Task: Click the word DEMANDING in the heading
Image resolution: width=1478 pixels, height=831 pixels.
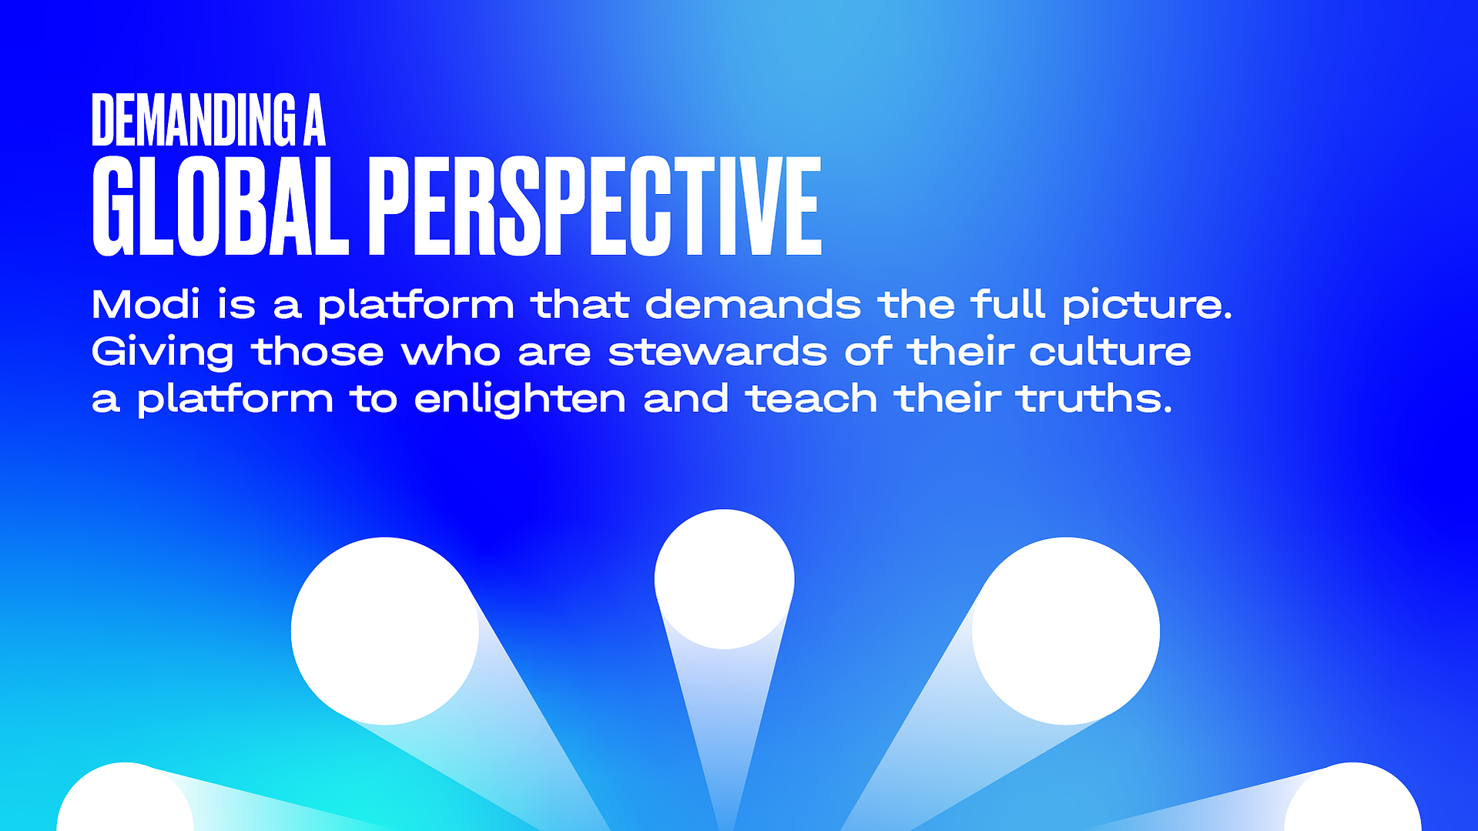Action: click(193, 119)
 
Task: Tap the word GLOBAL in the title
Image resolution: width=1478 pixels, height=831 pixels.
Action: click(220, 206)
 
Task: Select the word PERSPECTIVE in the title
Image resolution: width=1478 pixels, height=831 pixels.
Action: click(595, 206)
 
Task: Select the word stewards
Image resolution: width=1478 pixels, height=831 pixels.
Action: click(718, 351)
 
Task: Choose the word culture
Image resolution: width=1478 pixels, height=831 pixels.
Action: click(1110, 351)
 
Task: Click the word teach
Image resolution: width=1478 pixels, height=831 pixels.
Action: click(811, 398)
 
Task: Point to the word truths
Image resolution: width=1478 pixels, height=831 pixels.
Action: click(1094, 398)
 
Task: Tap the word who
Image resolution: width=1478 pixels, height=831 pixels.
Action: click(451, 351)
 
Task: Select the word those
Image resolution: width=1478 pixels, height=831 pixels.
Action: click(317, 351)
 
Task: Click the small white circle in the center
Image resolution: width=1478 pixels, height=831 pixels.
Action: click(724, 579)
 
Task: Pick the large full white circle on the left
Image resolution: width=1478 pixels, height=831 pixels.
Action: click(385, 631)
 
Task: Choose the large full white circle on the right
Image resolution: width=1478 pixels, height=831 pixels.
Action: click(1066, 631)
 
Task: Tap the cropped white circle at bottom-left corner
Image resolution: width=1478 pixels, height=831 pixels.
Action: click(125, 797)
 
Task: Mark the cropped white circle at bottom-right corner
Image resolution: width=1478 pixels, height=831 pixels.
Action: click(1352, 797)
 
